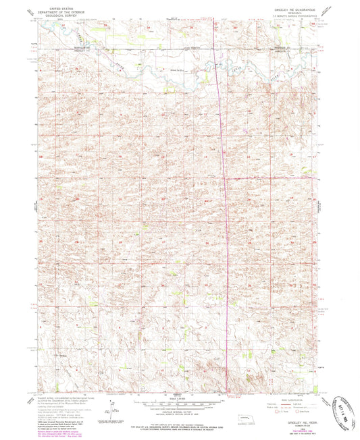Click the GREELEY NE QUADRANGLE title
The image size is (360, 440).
click(290, 9)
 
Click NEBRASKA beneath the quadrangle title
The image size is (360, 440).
click(290, 13)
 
